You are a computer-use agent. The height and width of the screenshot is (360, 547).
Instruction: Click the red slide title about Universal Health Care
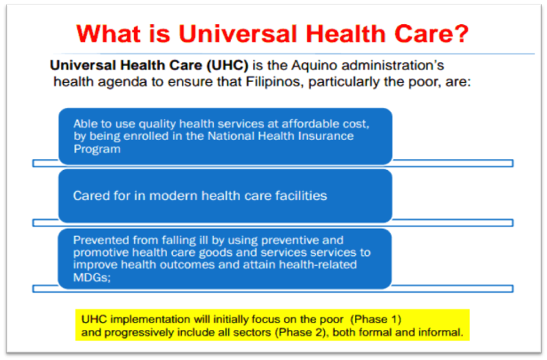pyautogui.click(x=273, y=33)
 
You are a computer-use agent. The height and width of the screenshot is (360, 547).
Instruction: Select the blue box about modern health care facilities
pyautogui.click(x=225, y=196)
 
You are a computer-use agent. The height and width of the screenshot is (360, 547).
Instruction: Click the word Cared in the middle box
pyautogui.click(x=89, y=196)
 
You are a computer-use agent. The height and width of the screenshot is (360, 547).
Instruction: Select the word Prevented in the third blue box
pyautogui.click(x=99, y=240)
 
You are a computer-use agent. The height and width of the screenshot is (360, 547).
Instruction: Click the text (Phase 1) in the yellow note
pyautogui.click(x=374, y=320)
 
